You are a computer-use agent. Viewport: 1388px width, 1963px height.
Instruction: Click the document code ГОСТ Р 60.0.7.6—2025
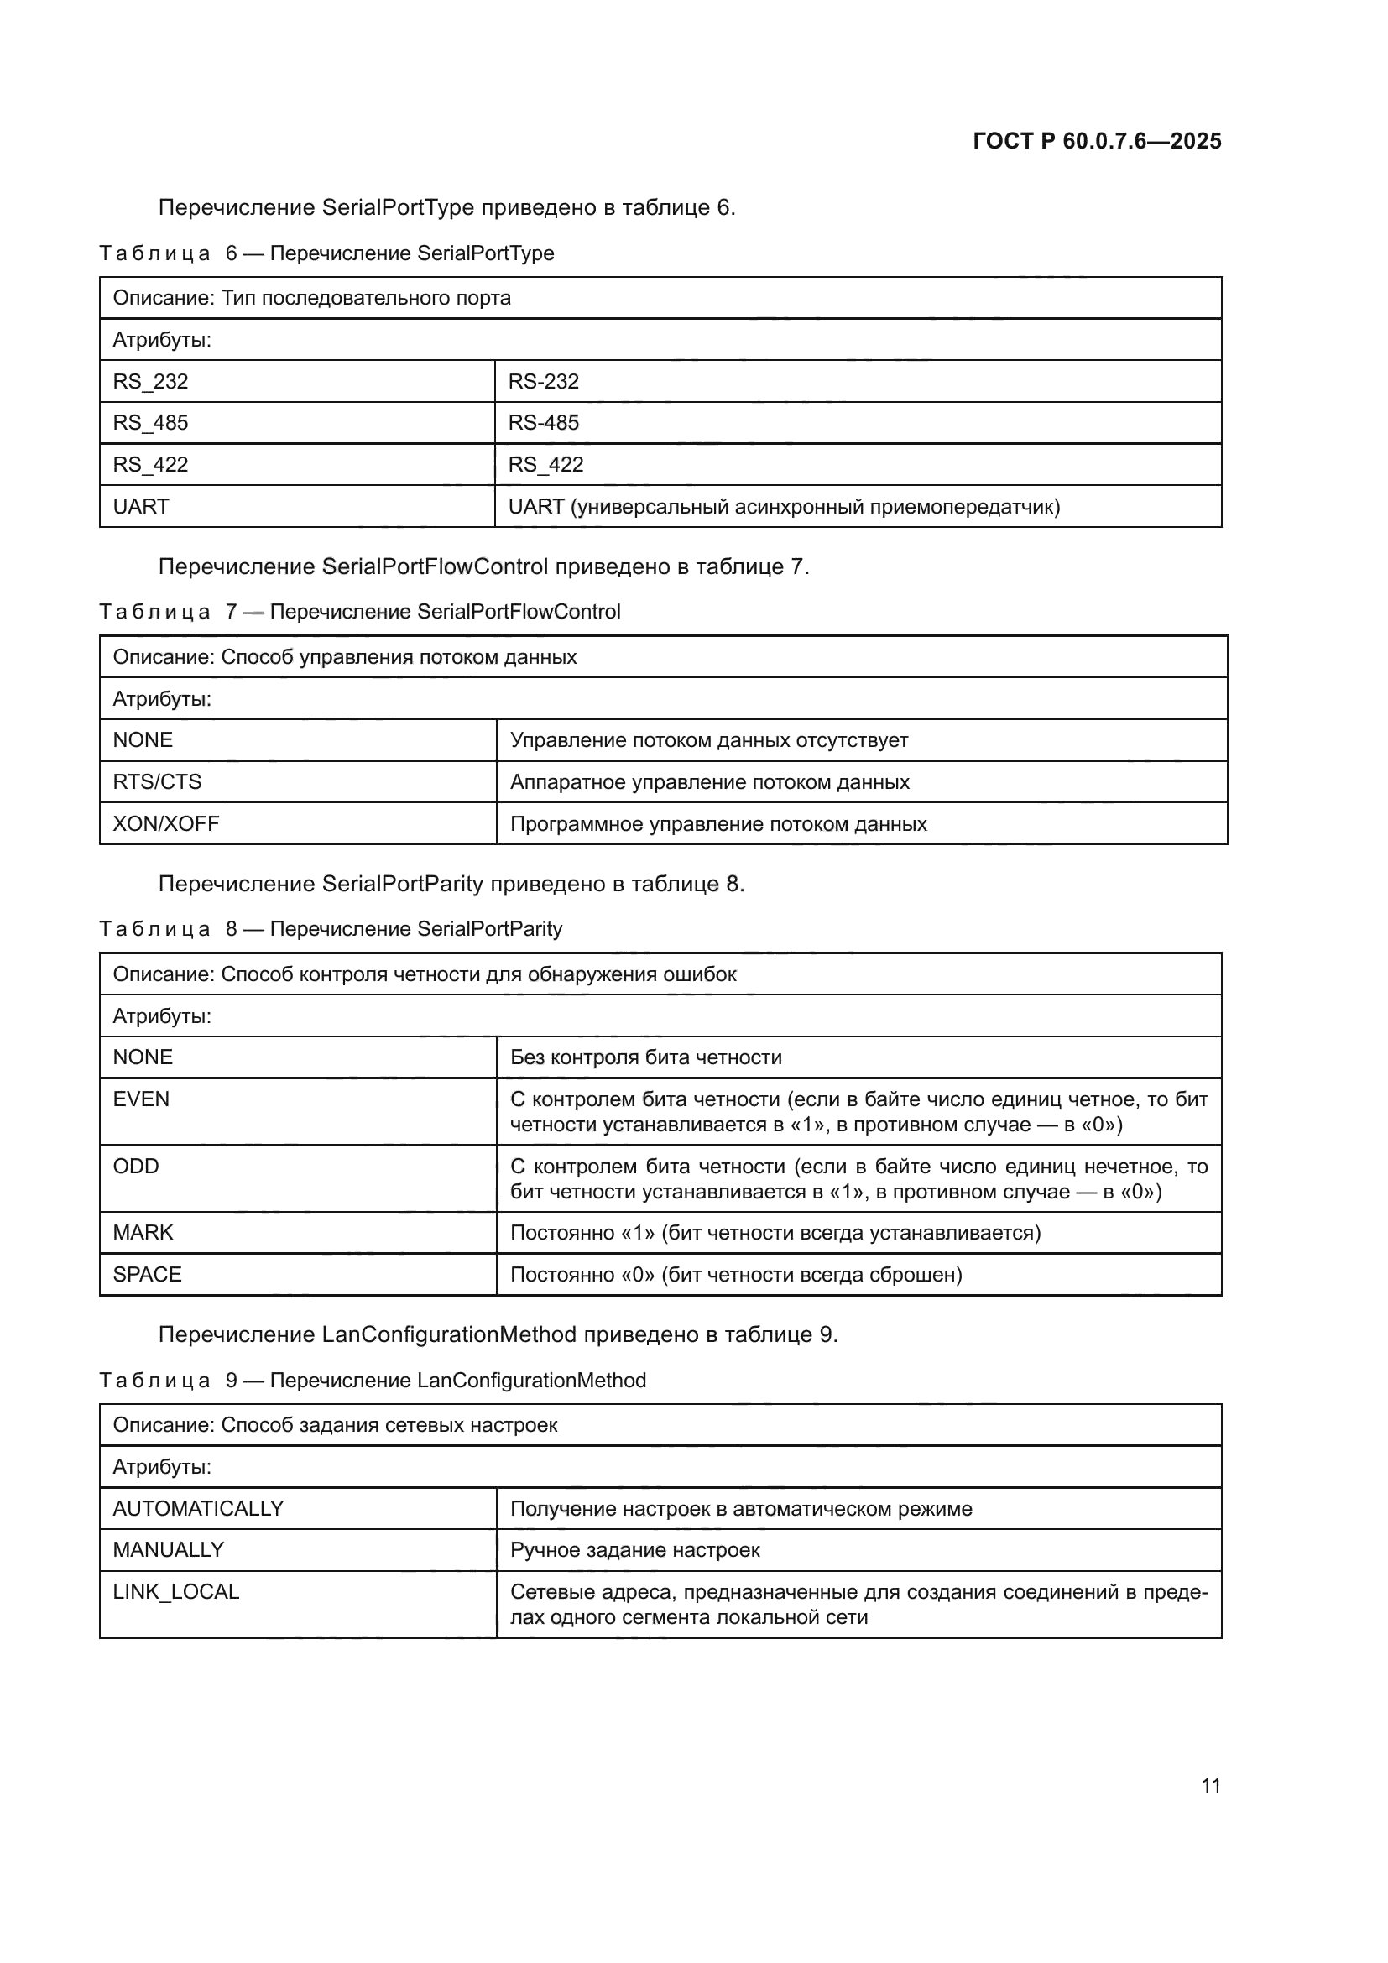(x=1097, y=141)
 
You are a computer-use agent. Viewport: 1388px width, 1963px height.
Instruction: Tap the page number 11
(x=1210, y=1785)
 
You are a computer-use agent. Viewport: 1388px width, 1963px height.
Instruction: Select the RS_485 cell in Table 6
(x=150, y=422)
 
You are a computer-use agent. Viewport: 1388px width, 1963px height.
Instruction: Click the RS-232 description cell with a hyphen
(x=544, y=381)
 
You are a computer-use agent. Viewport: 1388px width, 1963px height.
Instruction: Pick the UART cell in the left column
(x=141, y=506)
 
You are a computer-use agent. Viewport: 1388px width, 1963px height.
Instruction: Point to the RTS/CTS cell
(x=157, y=781)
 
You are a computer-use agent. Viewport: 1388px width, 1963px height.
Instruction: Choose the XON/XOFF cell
(x=166, y=823)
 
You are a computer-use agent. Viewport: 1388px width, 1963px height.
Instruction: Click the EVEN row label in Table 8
(x=141, y=1099)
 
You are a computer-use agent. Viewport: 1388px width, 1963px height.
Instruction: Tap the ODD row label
(x=136, y=1167)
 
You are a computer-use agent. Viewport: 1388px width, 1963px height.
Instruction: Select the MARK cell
(x=143, y=1232)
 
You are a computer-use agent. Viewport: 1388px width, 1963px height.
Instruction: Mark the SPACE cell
(x=147, y=1274)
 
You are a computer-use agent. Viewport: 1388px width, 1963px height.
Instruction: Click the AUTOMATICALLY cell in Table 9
(x=198, y=1508)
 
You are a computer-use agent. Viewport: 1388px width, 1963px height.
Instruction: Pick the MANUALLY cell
(x=169, y=1549)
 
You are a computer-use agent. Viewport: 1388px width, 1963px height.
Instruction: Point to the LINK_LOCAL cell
(x=176, y=1591)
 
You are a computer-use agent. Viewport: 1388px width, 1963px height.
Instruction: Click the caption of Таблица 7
(x=359, y=611)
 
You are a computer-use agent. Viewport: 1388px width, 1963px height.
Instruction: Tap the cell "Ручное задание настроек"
(x=635, y=1549)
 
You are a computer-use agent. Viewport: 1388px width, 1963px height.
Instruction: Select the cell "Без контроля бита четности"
(x=646, y=1057)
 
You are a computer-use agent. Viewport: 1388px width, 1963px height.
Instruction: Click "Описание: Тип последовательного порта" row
(x=312, y=298)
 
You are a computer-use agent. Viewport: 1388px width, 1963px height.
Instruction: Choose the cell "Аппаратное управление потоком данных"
(x=709, y=781)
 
